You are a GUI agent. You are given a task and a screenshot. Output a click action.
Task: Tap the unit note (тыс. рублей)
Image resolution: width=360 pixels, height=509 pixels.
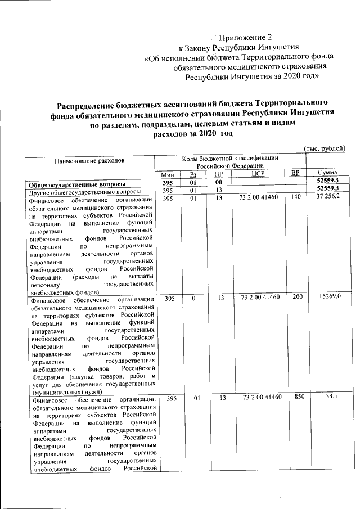324,148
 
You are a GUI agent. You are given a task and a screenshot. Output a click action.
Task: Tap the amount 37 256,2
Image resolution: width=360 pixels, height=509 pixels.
328,199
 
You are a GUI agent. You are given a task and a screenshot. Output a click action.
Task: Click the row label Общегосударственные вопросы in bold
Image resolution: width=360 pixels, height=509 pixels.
77,183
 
